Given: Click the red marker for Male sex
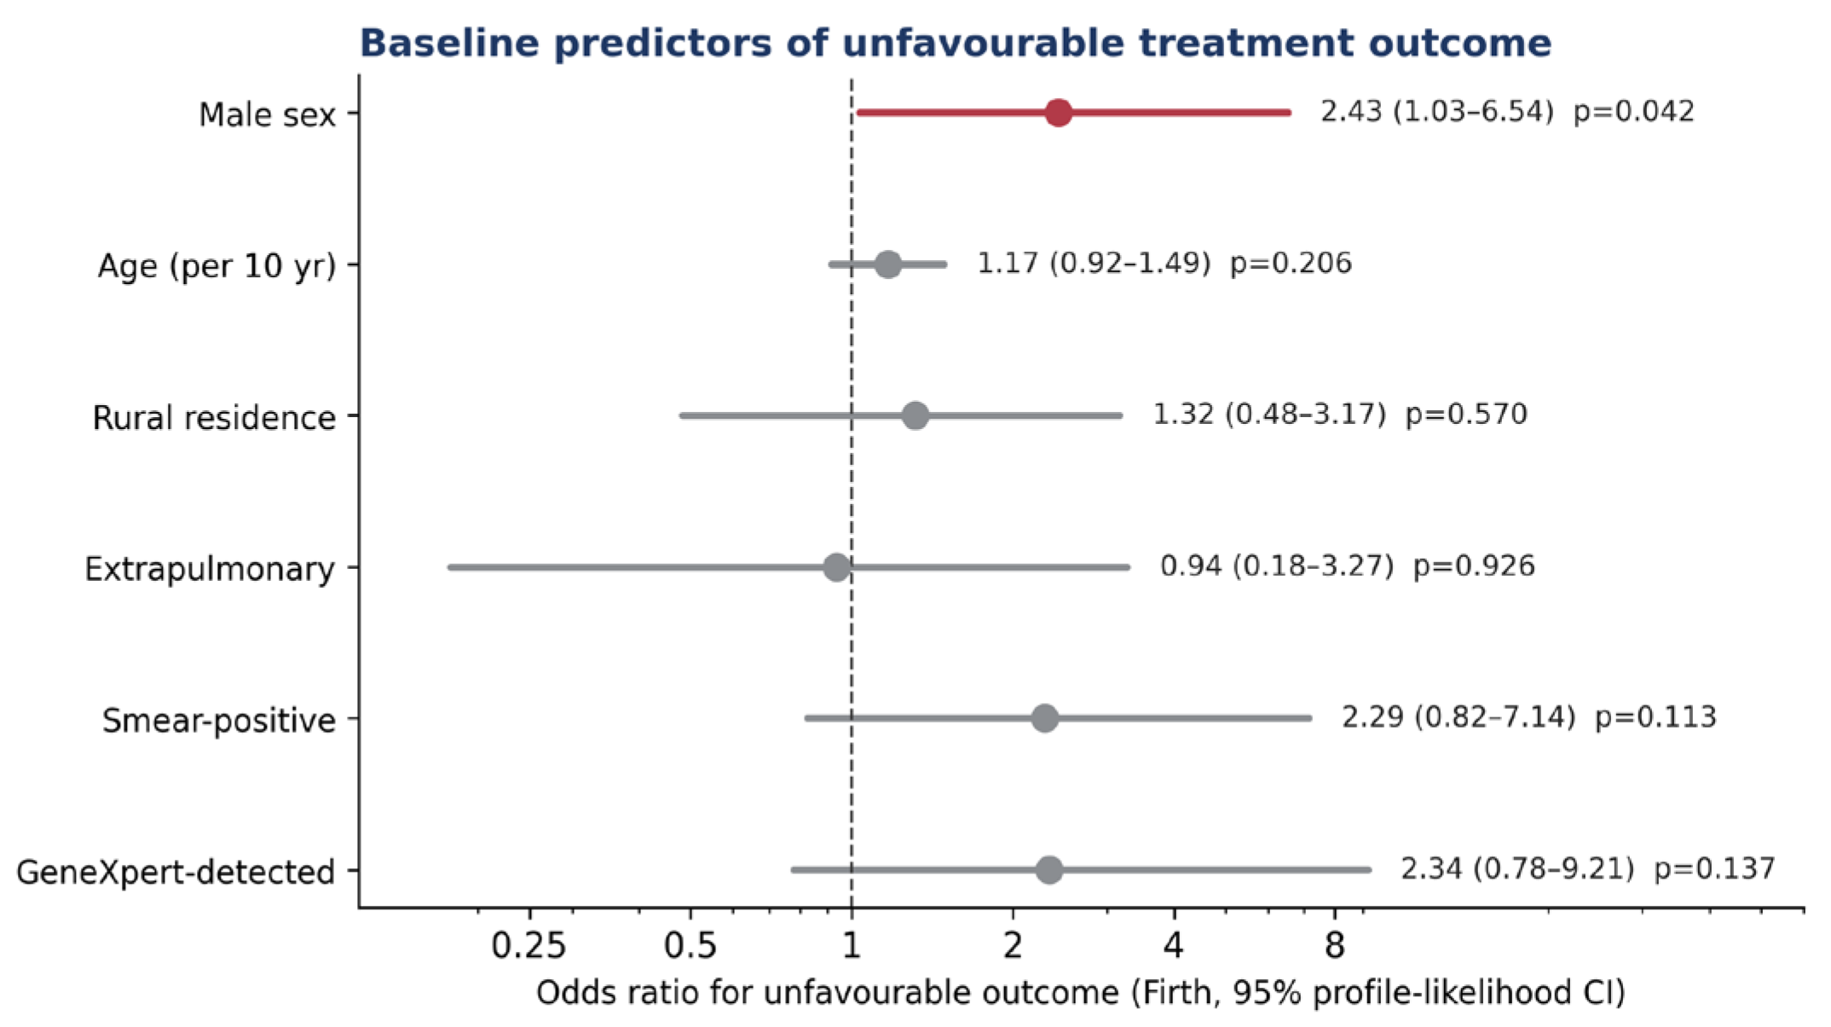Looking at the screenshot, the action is (1058, 113).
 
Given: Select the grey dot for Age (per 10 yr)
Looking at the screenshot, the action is (888, 264).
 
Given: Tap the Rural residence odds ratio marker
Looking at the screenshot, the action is (915, 416).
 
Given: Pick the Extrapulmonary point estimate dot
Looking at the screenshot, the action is (837, 567).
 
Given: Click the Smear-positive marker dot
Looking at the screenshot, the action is (1045, 718).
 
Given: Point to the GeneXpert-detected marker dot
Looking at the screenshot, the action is (1049, 870).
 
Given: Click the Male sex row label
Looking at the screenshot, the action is (268, 114).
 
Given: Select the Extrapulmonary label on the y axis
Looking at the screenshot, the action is (210, 569).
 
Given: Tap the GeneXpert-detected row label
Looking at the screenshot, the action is (176, 873).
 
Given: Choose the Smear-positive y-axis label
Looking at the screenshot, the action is (219, 721).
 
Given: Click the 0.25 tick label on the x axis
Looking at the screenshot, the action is (529, 946).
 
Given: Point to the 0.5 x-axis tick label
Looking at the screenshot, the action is (690, 946).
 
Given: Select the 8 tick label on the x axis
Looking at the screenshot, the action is (1335, 946).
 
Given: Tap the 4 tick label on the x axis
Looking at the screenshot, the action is (1174, 946).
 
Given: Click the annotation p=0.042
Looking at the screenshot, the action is (1633, 112).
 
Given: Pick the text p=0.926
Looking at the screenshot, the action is (1474, 566).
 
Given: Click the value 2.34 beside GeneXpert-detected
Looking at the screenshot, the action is (1432, 869).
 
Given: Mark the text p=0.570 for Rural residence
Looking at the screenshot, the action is (1466, 415).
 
